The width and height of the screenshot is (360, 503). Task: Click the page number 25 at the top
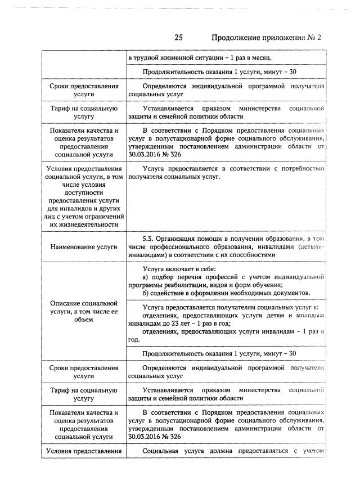tap(179, 38)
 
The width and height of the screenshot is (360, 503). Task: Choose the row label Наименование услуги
tap(83, 246)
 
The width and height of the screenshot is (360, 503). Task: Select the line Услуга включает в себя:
tap(176, 269)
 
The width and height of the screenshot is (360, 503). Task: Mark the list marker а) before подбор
tap(146, 277)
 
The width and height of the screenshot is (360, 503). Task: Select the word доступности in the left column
tap(83, 192)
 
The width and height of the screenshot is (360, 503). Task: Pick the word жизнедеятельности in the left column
tap(83, 224)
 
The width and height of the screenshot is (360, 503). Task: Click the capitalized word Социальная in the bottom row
tap(164, 451)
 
